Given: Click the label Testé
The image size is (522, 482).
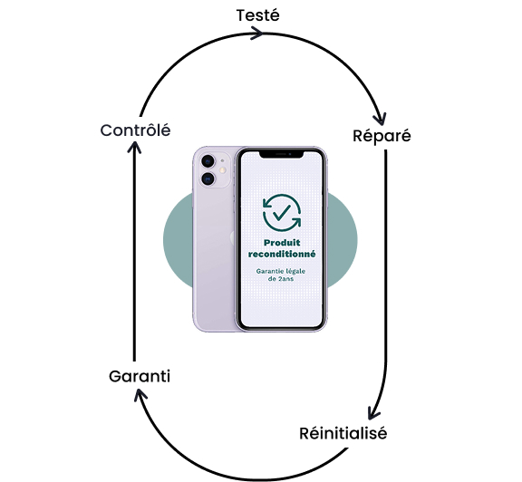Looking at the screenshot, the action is (x=258, y=15).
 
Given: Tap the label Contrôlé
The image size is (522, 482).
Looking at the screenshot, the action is (x=136, y=130).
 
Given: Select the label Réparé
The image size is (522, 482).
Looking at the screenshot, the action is (x=382, y=136).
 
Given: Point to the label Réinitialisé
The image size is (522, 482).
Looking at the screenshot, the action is (x=343, y=433).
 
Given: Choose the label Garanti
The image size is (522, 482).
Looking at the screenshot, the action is (x=140, y=377).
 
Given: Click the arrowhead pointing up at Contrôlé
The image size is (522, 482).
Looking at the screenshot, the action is (x=134, y=147).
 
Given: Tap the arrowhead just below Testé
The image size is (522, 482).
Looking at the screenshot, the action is (x=257, y=33).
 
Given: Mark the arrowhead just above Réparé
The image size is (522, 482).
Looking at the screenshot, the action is (x=381, y=119).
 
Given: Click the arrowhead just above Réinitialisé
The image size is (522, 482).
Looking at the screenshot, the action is (x=373, y=412).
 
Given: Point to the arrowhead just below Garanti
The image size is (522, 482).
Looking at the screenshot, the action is (x=140, y=395).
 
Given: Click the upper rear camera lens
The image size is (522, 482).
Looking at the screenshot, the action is (x=208, y=161).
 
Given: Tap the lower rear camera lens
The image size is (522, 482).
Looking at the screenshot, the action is (x=208, y=179).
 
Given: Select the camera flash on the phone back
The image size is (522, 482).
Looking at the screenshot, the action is (x=222, y=170).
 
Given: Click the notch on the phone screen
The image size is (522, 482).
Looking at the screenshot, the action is (x=282, y=154).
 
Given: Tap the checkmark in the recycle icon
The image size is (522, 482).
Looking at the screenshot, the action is (x=281, y=212).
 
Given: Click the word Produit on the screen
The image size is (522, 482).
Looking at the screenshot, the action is (x=282, y=243).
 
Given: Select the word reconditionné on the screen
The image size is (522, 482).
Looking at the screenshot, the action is (x=282, y=254).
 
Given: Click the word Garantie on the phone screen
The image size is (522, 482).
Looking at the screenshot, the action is (x=269, y=271).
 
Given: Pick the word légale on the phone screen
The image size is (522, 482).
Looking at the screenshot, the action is (x=295, y=272).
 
